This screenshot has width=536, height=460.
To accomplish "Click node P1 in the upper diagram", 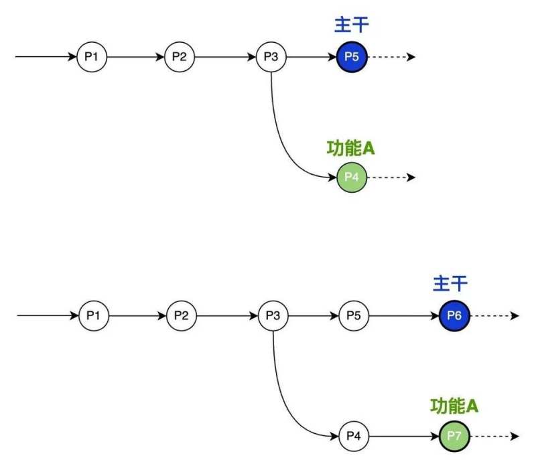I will (x=91, y=57).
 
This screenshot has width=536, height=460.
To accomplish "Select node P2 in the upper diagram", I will (x=180, y=57).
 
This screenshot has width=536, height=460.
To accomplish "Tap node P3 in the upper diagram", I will (x=271, y=57).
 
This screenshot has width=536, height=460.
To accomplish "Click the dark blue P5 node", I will (x=352, y=57).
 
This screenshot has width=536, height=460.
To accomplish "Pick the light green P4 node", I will (x=352, y=177).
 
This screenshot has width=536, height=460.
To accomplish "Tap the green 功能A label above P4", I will (x=350, y=148).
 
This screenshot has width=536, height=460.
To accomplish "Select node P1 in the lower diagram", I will (x=92, y=315).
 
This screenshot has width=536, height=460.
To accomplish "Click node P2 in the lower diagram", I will (x=181, y=315).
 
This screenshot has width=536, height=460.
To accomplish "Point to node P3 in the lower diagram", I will (x=273, y=315).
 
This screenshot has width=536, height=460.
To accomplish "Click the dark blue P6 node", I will (x=454, y=315).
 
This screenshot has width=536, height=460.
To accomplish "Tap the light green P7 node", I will (x=454, y=436).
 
